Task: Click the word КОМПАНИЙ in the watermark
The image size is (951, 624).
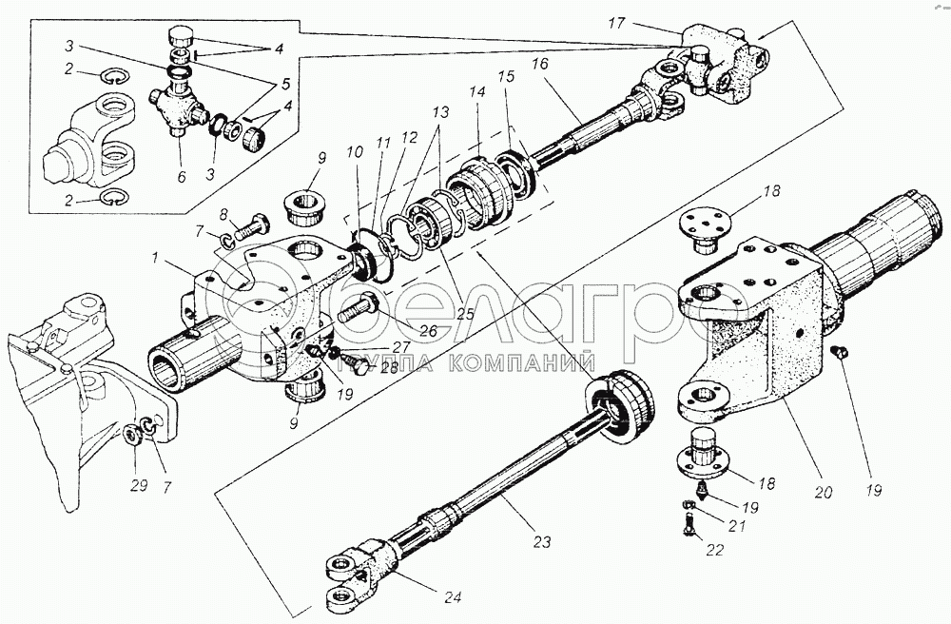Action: click(514, 361)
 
